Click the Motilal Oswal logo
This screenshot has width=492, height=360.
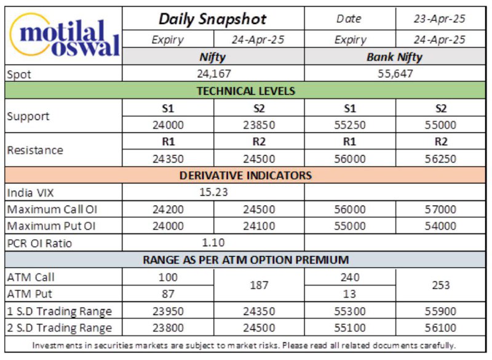click(65, 35)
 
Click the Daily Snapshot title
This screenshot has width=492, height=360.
click(212, 19)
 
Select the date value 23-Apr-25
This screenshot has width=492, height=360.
click(439, 19)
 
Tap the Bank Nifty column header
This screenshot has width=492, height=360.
click(394, 57)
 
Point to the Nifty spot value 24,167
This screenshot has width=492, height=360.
click(213, 74)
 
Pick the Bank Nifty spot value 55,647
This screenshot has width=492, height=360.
click(395, 74)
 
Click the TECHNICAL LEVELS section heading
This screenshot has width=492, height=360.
click(245, 91)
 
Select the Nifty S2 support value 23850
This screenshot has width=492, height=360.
click(259, 126)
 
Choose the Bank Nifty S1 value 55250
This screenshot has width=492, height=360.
click(349, 126)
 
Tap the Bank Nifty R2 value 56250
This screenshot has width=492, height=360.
click(440, 159)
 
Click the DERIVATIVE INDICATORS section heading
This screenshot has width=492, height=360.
click(245, 175)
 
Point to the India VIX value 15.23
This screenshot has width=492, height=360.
click(213, 192)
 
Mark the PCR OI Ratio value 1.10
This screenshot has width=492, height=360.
click(213, 242)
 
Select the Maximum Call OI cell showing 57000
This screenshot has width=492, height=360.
click(440, 209)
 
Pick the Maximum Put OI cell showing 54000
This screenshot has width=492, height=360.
click(440, 226)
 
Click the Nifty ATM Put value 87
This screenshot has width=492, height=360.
click(168, 294)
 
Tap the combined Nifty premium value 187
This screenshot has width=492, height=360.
click(259, 286)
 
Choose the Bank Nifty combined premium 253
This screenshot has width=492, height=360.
click(440, 286)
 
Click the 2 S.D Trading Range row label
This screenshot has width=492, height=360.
click(59, 328)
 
